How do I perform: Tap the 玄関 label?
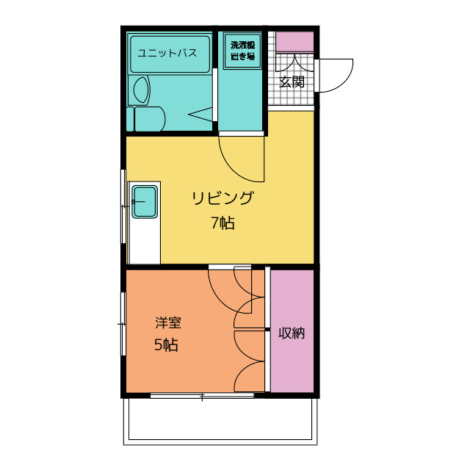[x=292, y=82]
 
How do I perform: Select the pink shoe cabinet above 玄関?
[x=294, y=41]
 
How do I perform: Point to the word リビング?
[x=223, y=198]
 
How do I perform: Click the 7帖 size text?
[x=223, y=223]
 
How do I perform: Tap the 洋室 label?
[x=168, y=322]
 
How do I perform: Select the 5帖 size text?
[x=166, y=345]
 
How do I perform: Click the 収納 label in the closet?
[x=292, y=333]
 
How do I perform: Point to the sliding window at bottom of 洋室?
[x=202, y=396]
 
